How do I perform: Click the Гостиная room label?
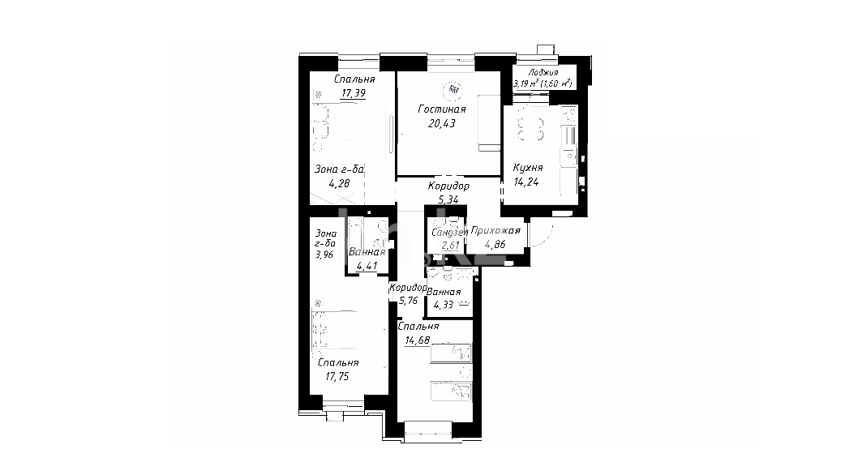[x=442, y=109]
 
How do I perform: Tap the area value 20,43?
[x=442, y=123]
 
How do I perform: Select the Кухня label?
[x=528, y=168]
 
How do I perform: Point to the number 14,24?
[x=526, y=182]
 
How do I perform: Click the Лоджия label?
[x=543, y=73]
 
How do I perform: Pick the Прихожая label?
[x=495, y=230]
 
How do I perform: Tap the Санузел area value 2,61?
[x=451, y=246]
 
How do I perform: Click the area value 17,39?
[x=354, y=93]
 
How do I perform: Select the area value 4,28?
[x=339, y=184]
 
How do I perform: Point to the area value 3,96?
[x=324, y=255]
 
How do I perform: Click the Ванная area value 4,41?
[x=367, y=266]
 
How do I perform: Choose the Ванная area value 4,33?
[x=443, y=305]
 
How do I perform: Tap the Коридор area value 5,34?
[x=448, y=199]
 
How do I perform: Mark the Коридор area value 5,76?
[x=408, y=301]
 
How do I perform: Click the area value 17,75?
[x=337, y=377]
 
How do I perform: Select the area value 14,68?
[x=417, y=340]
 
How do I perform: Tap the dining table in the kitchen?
[x=531, y=129]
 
